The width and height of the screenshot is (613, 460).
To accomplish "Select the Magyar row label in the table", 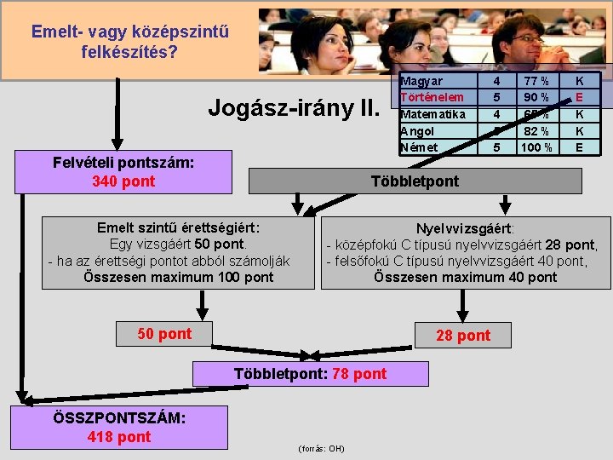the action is point(422,81).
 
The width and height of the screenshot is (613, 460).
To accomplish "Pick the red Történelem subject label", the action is point(433,97).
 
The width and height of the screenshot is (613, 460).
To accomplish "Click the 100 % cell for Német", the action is point(536,147).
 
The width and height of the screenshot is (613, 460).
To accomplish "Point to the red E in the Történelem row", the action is point(580,97).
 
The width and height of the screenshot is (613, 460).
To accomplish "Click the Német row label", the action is point(419,147).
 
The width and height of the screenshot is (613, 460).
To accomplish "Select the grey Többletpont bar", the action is point(415,181).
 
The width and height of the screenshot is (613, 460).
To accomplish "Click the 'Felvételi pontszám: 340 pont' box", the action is point(123,172).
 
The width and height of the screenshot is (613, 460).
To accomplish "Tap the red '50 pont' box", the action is point(164,334).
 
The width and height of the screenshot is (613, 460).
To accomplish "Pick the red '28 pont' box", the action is point(463,336).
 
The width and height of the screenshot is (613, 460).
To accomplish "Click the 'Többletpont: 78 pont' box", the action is point(310,374).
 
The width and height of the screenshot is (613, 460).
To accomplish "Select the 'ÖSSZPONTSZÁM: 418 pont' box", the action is point(119,427).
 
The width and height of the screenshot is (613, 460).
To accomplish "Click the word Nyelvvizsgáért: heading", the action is point(465,228).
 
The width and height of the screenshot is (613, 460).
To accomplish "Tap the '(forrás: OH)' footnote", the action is point(321,448).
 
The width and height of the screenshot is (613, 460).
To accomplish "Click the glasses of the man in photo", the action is point(527,39).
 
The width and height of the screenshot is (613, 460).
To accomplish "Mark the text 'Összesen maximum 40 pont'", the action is point(465,277).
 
